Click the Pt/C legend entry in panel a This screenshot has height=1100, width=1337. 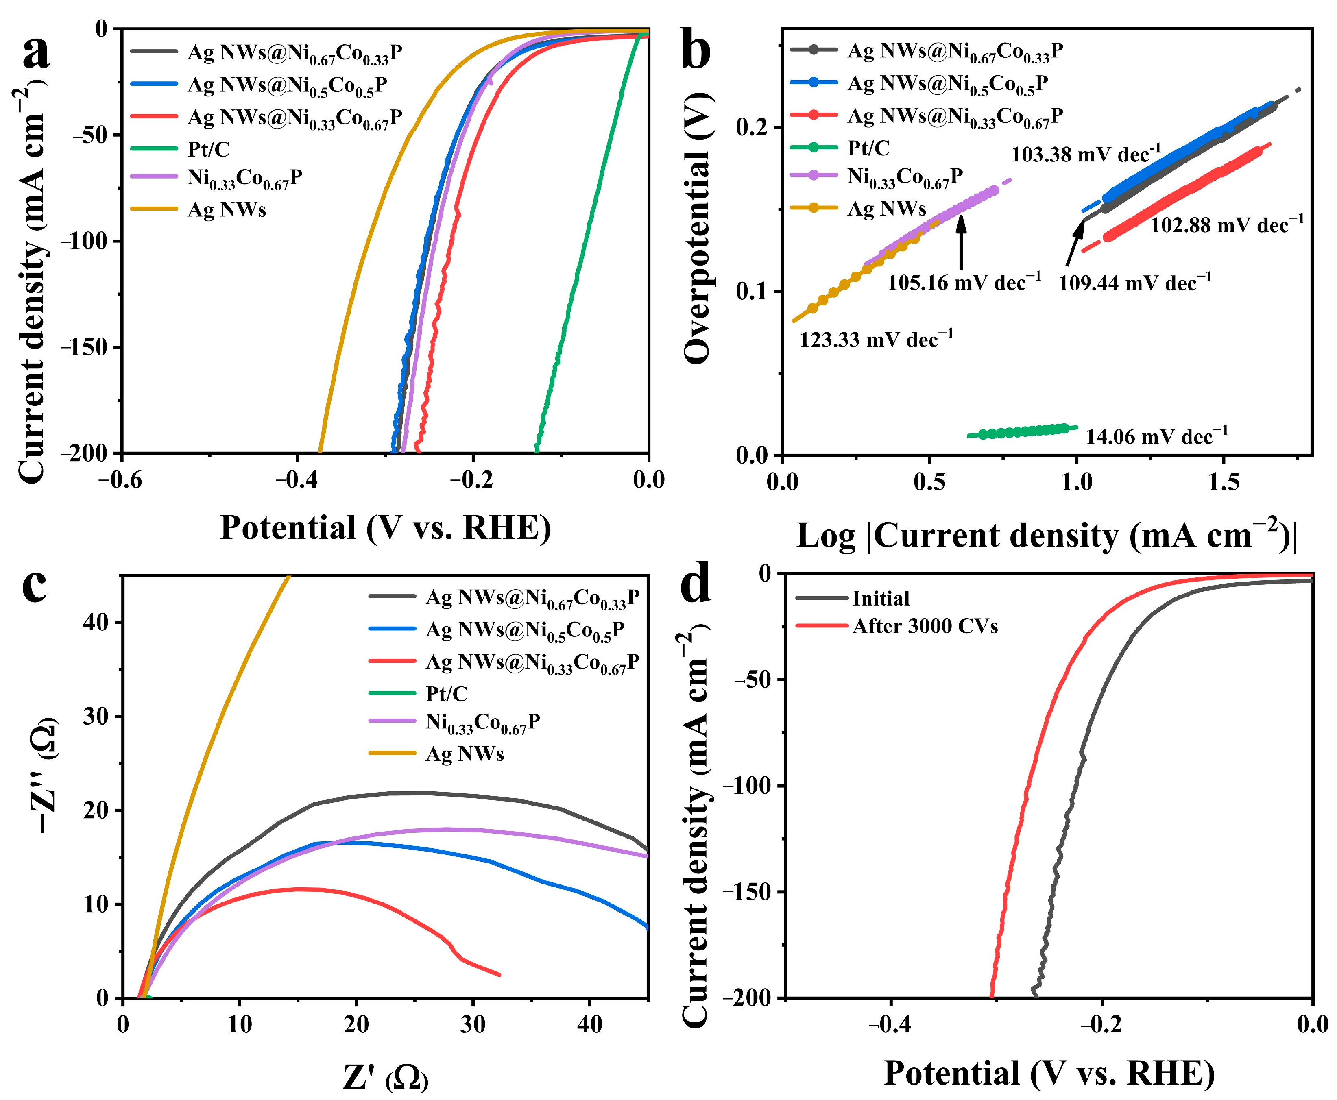[208, 149]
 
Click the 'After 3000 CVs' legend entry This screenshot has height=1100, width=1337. [925, 626]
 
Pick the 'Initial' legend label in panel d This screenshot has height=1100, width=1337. [880, 598]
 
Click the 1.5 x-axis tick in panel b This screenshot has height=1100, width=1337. [1223, 482]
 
